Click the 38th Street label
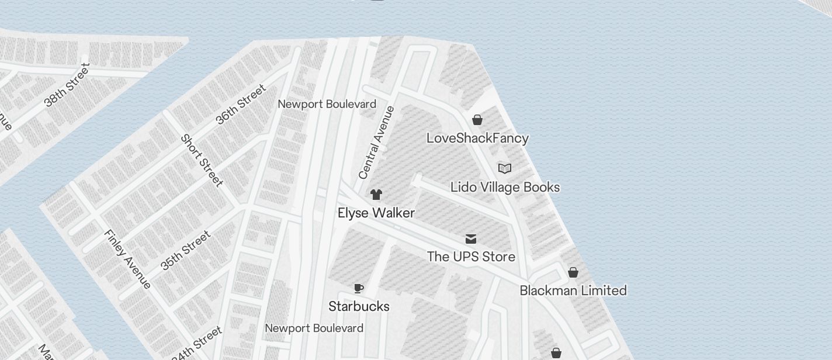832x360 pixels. (x=67, y=86)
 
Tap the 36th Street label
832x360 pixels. (x=241, y=104)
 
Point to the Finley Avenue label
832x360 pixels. (x=128, y=258)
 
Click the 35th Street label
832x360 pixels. (x=185, y=251)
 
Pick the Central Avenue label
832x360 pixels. (x=377, y=142)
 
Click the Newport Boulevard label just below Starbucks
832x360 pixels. (x=314, y=328)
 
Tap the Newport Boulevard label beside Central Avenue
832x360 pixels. (x=327, y=104)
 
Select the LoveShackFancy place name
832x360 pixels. (x=477, y=139)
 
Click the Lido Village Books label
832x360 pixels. (x=505, y=187)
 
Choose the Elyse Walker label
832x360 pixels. (x=376, y=213)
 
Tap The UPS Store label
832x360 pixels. (x=471, y=257)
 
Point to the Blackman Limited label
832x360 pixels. (x=573, y=290)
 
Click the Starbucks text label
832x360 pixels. (x=359, y=306)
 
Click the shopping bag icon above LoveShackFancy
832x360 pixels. (x=477, y=120)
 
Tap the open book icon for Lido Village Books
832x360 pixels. (x=505, y=168)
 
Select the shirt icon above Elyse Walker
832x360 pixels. (x=376, y=194)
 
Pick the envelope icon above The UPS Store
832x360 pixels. (x=471, y=238)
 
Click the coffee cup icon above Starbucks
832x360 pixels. (x=359, y=288)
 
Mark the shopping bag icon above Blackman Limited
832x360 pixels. (x=573, y=272)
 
